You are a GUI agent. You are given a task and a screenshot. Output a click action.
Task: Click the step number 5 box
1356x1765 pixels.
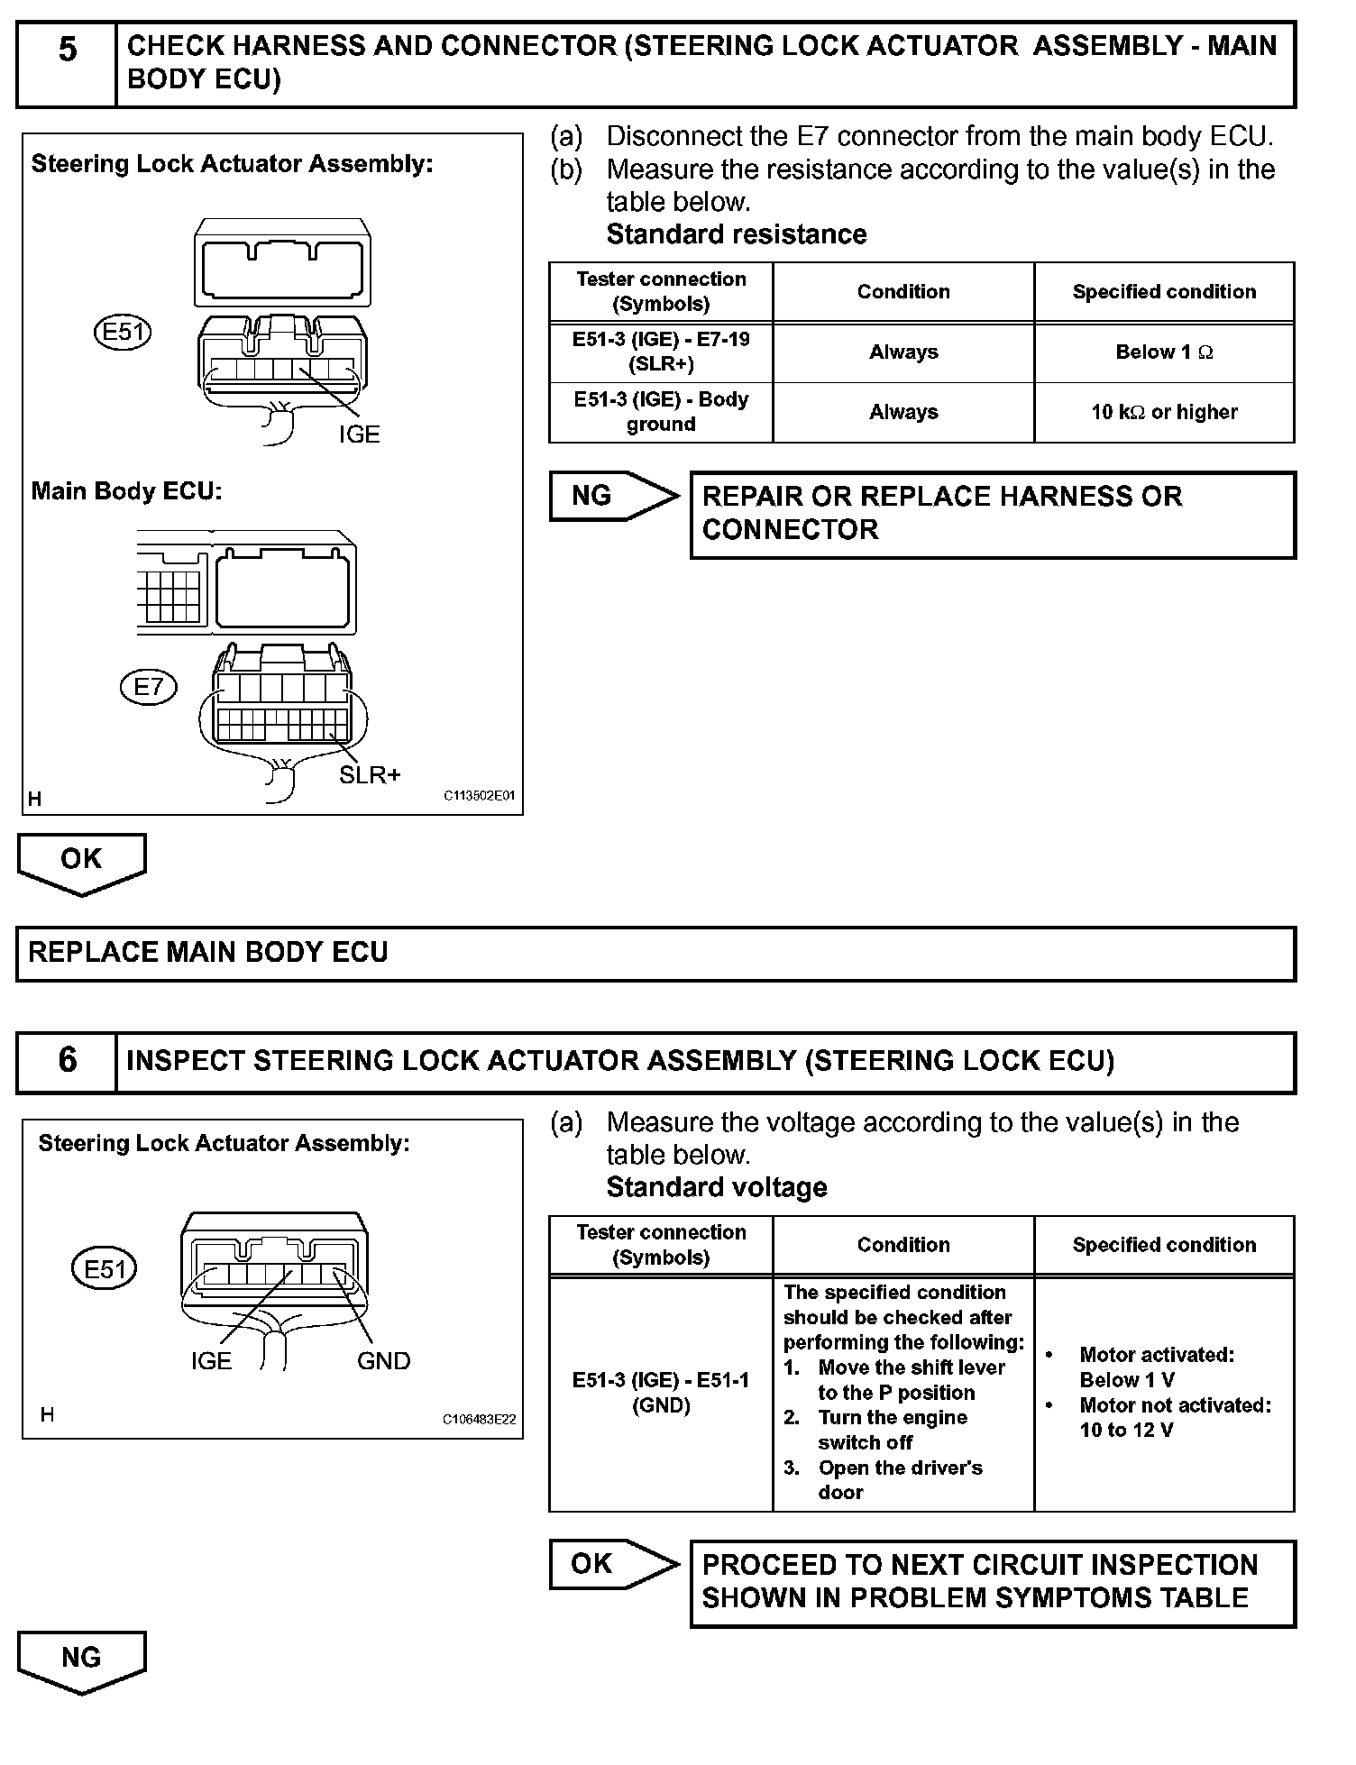67,63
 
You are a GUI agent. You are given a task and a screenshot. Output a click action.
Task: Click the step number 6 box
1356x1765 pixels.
67,1063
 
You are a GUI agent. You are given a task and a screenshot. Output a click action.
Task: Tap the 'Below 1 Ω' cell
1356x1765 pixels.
1164,352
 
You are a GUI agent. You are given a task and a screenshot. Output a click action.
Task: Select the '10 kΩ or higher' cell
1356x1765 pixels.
1164,413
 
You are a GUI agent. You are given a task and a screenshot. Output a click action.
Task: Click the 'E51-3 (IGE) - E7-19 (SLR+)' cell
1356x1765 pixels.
661,352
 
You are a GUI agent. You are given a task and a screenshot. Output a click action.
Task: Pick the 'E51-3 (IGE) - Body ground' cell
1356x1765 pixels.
661,413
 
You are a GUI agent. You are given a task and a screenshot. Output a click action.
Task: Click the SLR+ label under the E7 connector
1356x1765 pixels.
370,774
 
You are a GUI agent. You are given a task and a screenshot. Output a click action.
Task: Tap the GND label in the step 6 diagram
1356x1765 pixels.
383,1360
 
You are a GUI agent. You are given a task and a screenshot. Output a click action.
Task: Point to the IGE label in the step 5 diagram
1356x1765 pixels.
359,434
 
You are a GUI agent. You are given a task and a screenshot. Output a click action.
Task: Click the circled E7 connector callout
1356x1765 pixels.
149,688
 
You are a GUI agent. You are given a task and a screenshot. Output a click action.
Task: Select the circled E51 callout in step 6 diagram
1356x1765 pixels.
105,1269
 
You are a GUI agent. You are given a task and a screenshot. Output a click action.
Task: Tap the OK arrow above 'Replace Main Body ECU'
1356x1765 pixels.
81,861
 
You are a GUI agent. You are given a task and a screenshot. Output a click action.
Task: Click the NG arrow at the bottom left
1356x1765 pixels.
81,1659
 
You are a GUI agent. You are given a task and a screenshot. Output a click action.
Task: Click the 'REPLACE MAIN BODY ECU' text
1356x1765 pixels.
208,953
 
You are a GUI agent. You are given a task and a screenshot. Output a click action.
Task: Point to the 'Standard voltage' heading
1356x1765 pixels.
717,1187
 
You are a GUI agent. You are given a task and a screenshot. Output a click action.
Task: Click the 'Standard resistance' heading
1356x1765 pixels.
737,234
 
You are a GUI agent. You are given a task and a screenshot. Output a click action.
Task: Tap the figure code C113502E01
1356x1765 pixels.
479,797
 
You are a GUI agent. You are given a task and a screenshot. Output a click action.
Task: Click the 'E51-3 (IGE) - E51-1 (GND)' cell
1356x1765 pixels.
661,1392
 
